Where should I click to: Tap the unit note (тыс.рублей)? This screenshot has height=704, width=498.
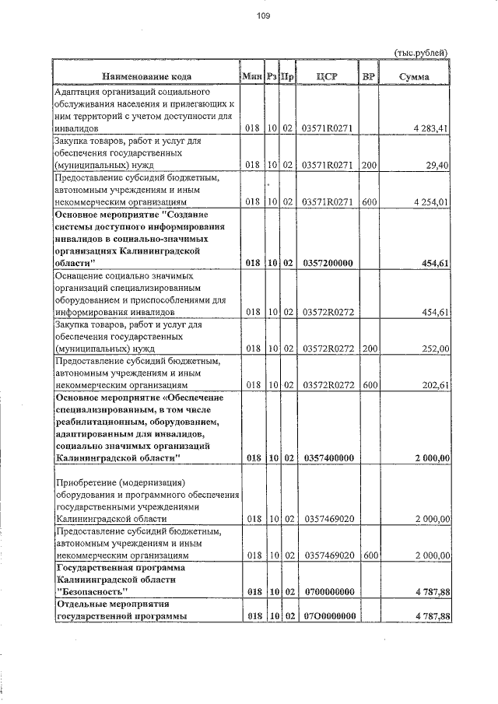pos(422,52)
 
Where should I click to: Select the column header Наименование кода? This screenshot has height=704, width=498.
pos(146,76)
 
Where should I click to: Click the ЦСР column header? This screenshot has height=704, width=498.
pos(326,76)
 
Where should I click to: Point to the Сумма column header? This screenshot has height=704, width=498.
pos(414,76)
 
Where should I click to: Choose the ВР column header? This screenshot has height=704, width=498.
pos(368,76)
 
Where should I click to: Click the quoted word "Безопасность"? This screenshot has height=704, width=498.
pos(93,592)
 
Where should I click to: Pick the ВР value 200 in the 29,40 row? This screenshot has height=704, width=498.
pos(369,165)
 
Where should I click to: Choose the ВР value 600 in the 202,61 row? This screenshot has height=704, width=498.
pos(369,385)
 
